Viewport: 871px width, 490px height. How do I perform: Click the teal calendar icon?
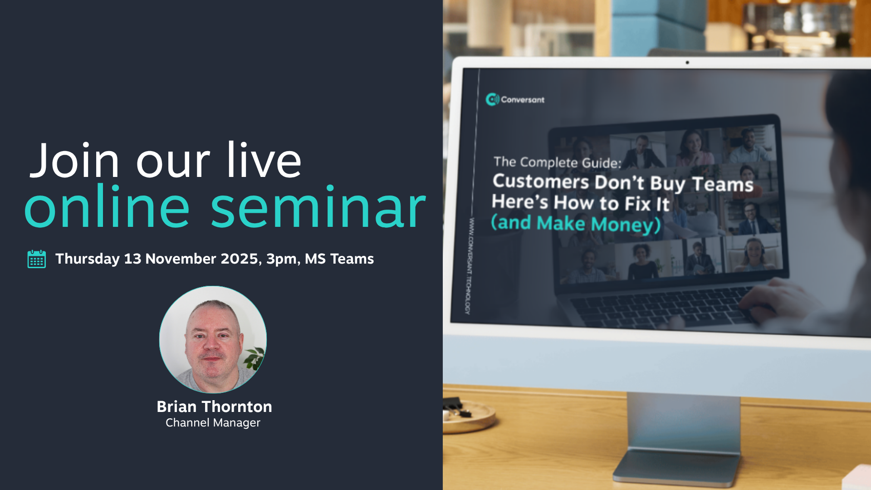pos(37,259)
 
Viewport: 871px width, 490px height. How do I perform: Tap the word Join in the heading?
pos(74,160)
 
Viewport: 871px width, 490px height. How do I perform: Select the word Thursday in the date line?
pos(88,259)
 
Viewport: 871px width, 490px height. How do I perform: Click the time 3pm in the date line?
pos(283,259)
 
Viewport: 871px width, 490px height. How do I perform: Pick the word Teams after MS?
pos(352,259)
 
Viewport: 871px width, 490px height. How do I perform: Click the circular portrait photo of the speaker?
pos(213,339)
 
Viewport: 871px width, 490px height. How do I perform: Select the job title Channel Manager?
pos(213,423)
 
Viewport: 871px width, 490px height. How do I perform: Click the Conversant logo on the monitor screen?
pos(515,99)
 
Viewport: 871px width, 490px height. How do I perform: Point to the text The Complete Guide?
pos(558,162)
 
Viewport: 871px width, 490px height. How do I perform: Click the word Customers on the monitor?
pos(541,181)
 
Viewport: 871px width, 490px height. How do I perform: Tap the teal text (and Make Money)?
pos(576,224)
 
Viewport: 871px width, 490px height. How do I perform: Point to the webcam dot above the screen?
pos(687,63)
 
